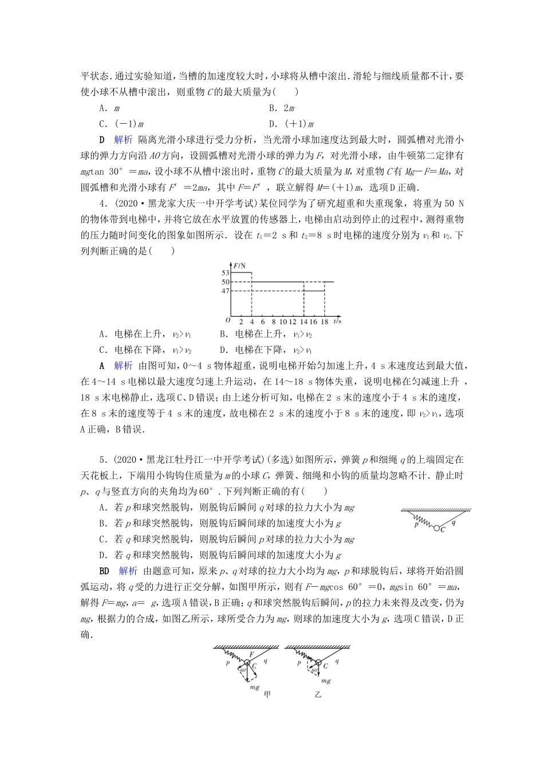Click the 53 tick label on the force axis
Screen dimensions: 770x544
pos(224,273)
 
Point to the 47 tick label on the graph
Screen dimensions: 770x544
pos(224,291)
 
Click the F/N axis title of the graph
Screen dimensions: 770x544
pos(239,265)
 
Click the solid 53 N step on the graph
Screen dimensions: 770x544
pos(241,273)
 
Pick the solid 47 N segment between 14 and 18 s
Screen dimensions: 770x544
pos(314,291)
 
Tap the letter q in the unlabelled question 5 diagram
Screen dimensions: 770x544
pos(453,521)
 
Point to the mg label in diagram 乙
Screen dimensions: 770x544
pos(326,681)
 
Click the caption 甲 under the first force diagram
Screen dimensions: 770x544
pos(267,694)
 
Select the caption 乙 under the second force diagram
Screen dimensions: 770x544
pos(318,694)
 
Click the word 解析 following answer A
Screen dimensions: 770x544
pos(123,366)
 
